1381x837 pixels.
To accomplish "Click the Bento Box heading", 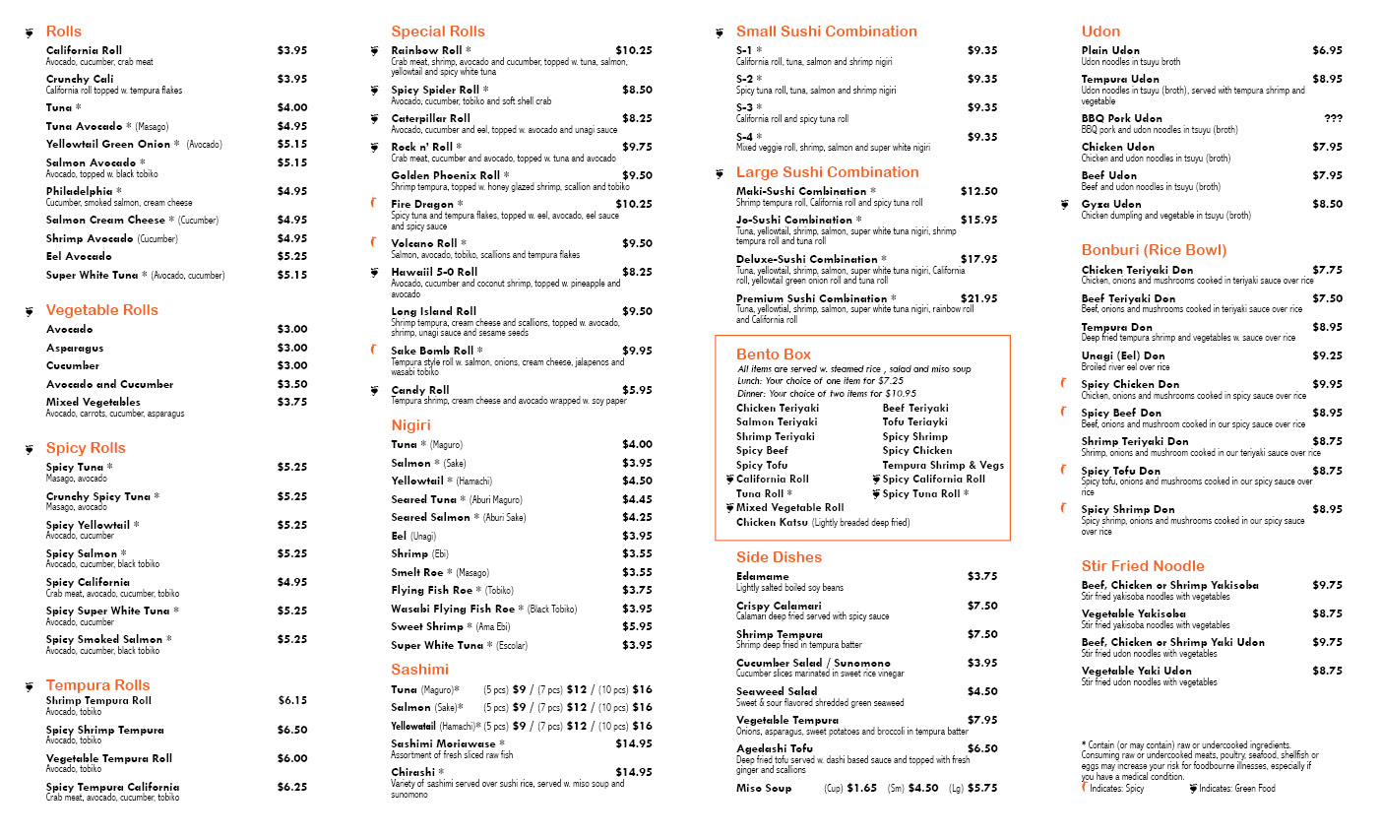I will pyautogui.click(x=774, y=354).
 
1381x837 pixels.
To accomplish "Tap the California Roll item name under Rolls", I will pyautogui.click(x=85, y=50).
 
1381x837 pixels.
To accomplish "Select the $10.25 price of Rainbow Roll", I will pyautogui.click(x=634, y=50).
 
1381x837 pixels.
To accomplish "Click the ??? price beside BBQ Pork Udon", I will pyautogui.click(x=1333, y=118).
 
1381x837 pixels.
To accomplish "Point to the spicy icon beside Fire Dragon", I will pyautogui.click(x=374, y=204).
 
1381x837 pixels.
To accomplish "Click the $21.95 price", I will pyautogui.click(x=978, y=298).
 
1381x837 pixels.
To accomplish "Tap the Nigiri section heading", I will pyautogui.click(x=410, y=425).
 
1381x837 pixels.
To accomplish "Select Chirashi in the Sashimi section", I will pyautogui.click(x=412, y=772).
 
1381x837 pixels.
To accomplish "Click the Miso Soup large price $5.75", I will pyautogui.click(x=982, y=788).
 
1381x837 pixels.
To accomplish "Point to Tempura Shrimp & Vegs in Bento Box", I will pyautogui.click(x=943, y=465).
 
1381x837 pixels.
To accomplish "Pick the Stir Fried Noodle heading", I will pyautogui.click(x=1143, y=566).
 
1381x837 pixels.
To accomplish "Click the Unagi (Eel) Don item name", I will pyautogui.click(x=1123, y=355).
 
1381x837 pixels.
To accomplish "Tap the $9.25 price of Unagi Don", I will pyautogui.click(x=1327, y=355).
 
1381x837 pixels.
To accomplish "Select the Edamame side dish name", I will pyautogui.click(x=763, y=576).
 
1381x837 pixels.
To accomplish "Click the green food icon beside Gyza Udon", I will pyautogui.click(x=1064, y=205).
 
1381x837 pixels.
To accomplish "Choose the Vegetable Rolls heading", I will pyautogui.click(x=102, y=310).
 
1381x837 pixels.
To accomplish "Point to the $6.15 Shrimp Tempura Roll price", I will pyautogui.click(x=292, y=700).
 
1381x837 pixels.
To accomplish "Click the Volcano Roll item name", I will pyautogui.click(x=424, y=243).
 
